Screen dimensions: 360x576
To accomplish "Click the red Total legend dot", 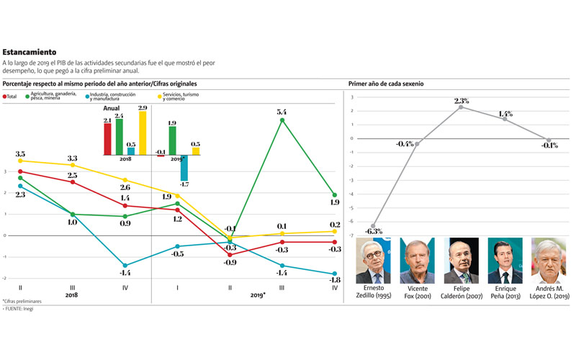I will click(x=6, y=96).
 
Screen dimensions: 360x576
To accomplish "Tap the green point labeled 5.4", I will click(x=282, y=120).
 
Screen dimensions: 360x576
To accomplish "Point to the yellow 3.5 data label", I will click(x=20, y=154).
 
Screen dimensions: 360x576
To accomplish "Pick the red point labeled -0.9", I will click(x=230, y=255).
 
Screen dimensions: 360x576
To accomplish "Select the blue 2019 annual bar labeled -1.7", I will click(x=184, y=168).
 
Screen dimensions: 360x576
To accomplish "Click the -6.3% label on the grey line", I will click(x=373, y=232).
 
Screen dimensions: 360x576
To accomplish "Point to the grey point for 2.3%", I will click(x=461, y=107).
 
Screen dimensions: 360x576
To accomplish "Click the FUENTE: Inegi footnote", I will click(x=19, y=309).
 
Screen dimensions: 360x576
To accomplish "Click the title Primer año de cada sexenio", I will click(x=386, y=84).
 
